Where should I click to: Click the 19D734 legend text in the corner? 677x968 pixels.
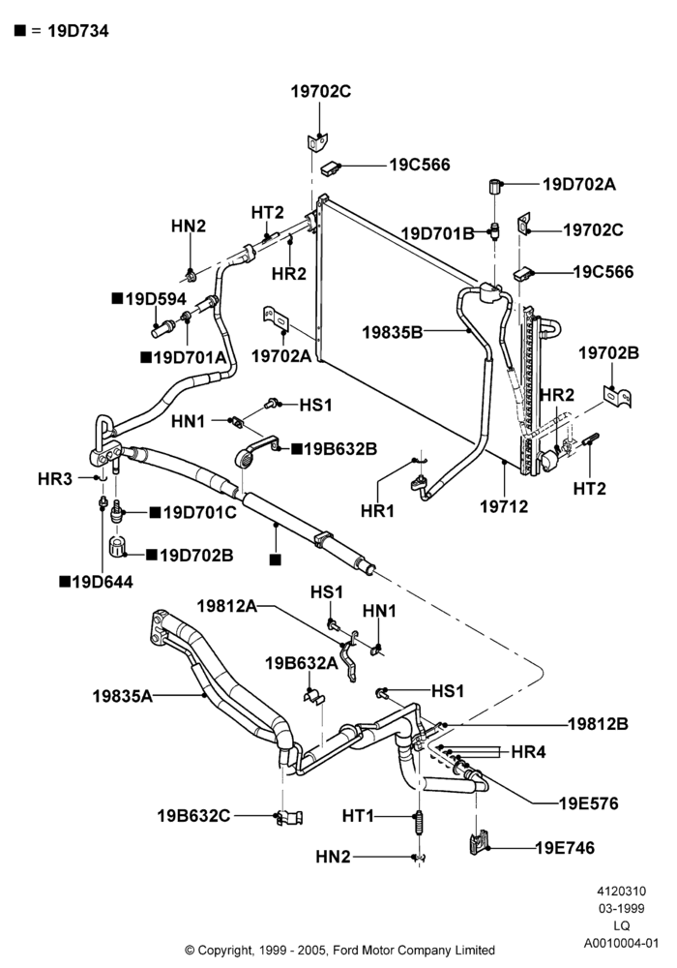pos(78,31)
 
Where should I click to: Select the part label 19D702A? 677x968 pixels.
pos(579,184)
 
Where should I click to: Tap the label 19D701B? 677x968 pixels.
pos(438,233)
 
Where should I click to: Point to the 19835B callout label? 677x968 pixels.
pos(392,332)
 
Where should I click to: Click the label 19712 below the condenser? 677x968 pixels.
pos(504,506)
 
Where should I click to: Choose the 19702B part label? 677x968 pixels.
pos(608,353)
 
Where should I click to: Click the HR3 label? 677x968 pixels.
pos(55,478)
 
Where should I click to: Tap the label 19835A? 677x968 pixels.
pos(122,696)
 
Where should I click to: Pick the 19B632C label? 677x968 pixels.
pos(193,815)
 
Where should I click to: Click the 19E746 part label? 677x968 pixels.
pos(565,848)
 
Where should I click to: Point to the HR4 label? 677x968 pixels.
pos(528,752)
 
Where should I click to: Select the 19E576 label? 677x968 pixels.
pos(588,803)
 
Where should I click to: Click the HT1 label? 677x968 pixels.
pos(358,816)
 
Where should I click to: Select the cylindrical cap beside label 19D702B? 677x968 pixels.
pos(117,547)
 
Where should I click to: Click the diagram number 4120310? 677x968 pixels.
pos(621,891)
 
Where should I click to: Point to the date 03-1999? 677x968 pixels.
pos(622,908)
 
